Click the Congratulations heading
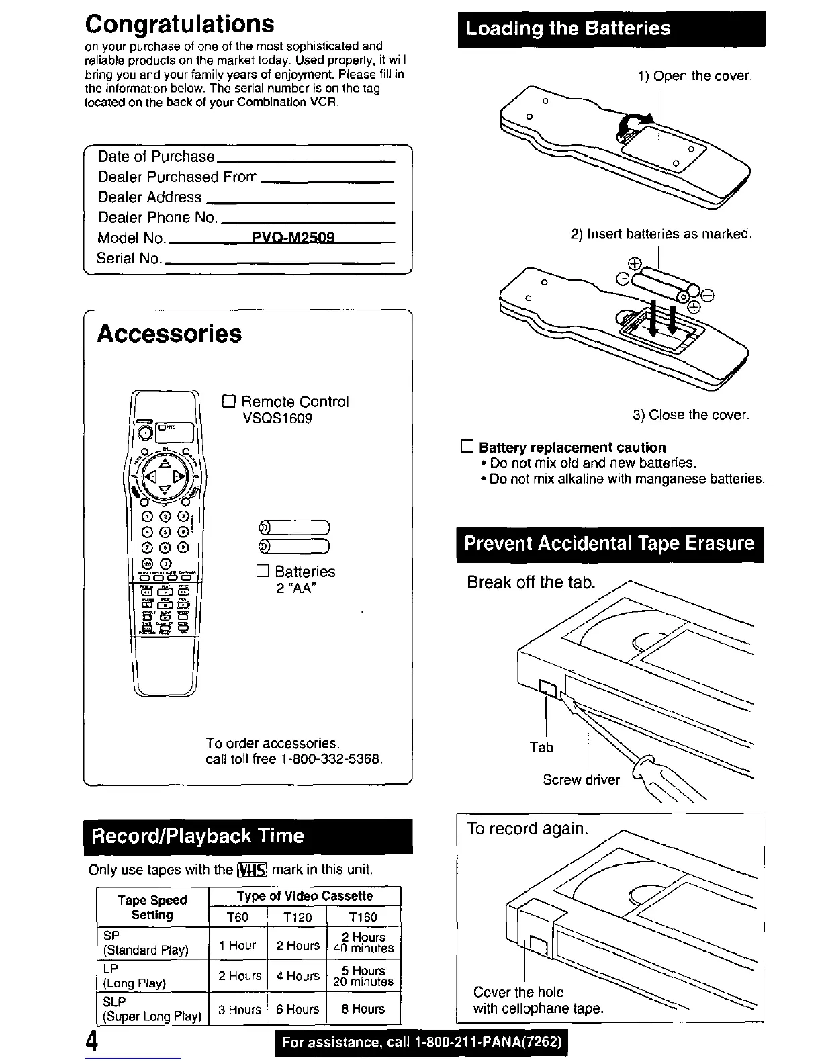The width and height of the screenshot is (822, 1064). point(179,24)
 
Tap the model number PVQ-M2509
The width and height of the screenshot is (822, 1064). point(293,238)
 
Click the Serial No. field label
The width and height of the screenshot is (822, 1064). point(129,258)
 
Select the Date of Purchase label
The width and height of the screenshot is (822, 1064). point(156,157)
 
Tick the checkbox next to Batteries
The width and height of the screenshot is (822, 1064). point(263,572)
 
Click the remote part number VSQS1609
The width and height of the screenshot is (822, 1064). point(277,418)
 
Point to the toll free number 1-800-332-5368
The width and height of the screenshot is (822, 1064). point(332,760)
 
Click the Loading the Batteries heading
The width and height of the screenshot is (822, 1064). point(567,28)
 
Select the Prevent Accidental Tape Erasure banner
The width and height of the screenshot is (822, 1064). point(609,543)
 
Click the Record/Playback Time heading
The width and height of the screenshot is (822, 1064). point(197,836)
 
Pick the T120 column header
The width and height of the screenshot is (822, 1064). point(297,917)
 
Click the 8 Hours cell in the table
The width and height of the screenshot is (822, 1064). point(363,1009)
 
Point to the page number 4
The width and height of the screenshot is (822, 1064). point(93,1042)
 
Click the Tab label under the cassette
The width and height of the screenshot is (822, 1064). point(541,747)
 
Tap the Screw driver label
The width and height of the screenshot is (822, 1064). point(581,780)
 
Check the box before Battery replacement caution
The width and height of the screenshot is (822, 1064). point(467,447)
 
